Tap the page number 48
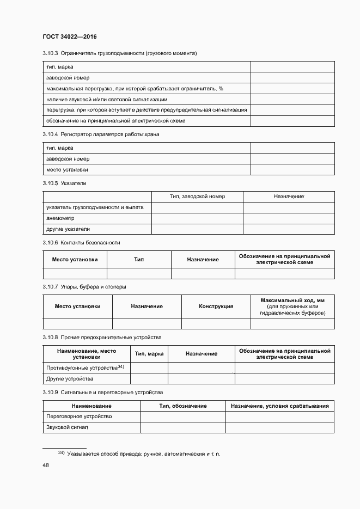46,465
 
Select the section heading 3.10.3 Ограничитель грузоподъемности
119,53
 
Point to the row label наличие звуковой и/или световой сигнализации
107,99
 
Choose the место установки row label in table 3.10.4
68,170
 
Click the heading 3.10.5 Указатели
64,183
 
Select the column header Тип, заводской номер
197,196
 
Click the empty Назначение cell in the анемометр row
289,218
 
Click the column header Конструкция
216,306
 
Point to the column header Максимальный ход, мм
292,300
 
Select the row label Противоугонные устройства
86,368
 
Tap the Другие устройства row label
70,378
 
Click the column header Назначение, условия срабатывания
280,406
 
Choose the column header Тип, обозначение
182,406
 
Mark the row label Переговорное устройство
80,416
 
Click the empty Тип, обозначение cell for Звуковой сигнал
182,427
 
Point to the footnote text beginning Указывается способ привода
143,453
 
